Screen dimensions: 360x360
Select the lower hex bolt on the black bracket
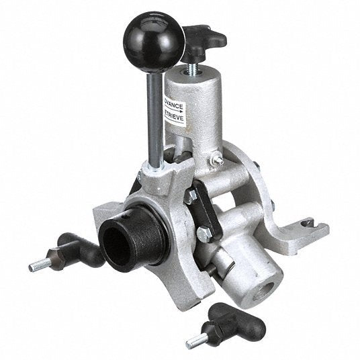(x=204, y=234)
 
